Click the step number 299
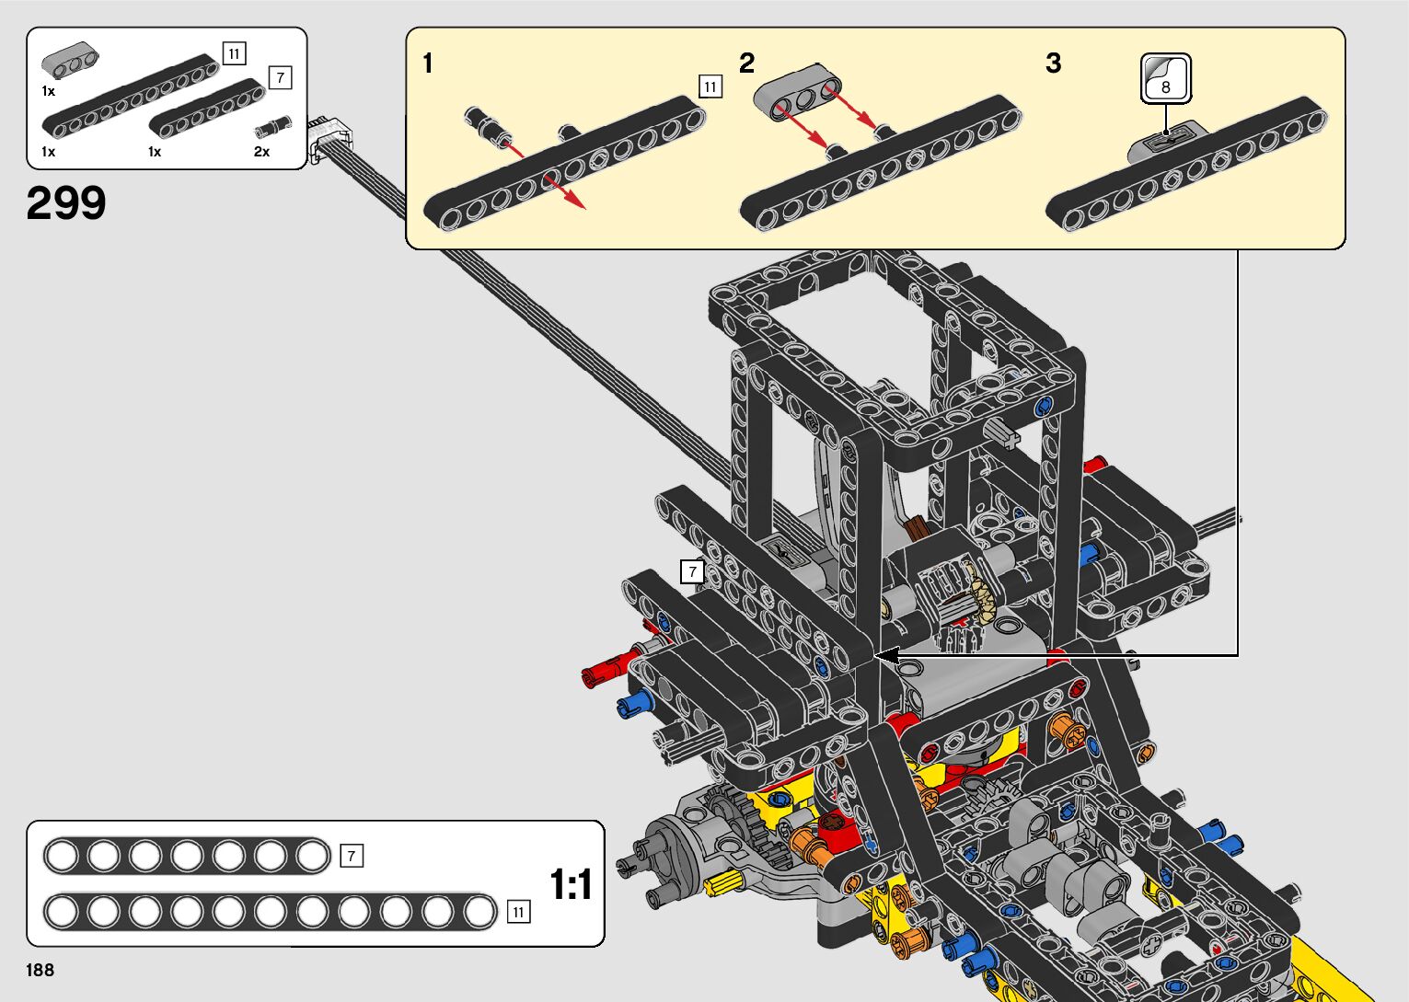click(x=66, y=202)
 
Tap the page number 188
click(x=40, y=970)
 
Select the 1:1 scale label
click(x=571, y=884)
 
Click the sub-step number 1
click(x=428, y=63)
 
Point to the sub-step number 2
click(x=746, y=63)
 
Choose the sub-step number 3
click(x=1054, y=63)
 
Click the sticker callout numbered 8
click(x=1166, y=78)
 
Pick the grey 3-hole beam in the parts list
click(x=70, y=61)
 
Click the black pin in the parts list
click(x=273, y=127)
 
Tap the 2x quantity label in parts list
click(x=261, y=152)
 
